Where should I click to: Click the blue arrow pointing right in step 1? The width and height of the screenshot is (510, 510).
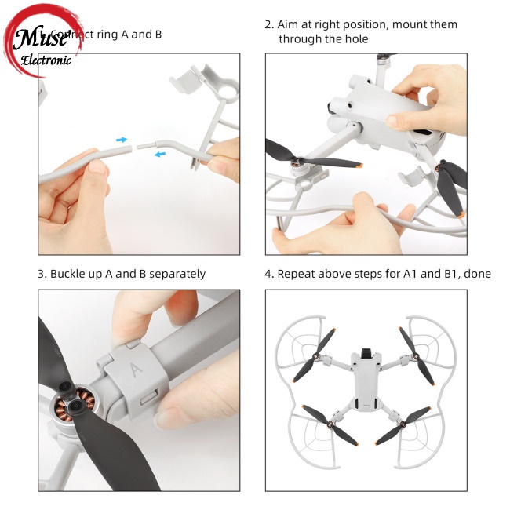point(122,140)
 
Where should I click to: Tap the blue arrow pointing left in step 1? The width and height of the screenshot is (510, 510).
point(159,154)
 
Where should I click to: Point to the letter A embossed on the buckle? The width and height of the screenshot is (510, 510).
point(135,367)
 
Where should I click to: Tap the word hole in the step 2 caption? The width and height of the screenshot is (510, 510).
point(353,38)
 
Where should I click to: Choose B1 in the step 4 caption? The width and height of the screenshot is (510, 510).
point(445,274)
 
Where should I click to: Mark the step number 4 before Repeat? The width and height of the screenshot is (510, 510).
point(268,274)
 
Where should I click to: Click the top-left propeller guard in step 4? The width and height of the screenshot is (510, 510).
point(311,345)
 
